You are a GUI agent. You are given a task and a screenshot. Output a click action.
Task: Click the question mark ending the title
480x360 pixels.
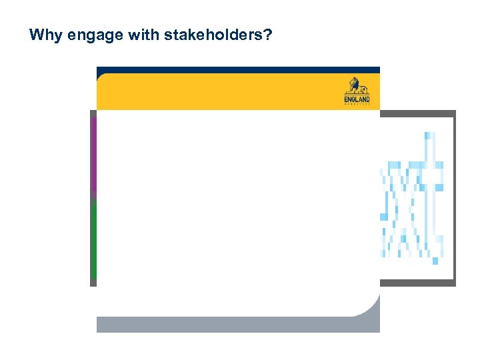click(x=267, y=35)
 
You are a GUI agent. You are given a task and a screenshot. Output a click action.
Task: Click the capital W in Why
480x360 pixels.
click(x=36, y=35)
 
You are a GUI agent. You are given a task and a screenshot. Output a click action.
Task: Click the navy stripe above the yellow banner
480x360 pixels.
click(x=238, y=69)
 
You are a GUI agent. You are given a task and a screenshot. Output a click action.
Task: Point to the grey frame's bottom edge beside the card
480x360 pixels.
click(x=417, y=283)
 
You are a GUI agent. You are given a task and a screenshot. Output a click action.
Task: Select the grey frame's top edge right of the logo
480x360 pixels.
click(x=417, y=113)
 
